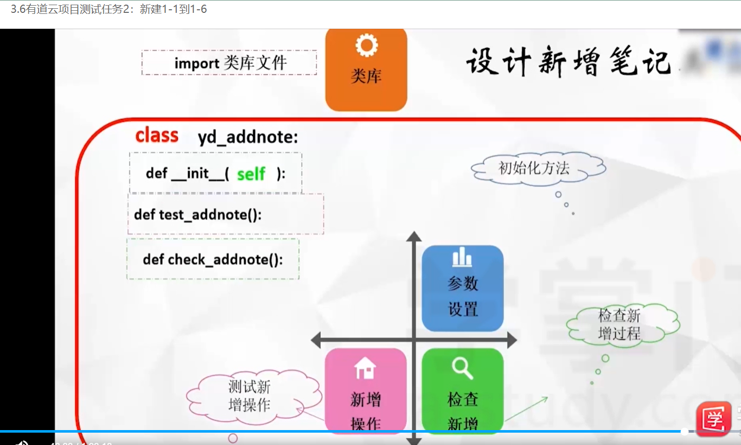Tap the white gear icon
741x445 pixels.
366,45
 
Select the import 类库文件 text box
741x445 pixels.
229,63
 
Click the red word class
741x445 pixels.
157,135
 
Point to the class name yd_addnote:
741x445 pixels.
248,137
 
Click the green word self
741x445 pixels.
251,174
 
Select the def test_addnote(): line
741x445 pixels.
198,215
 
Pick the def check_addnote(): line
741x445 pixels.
213,259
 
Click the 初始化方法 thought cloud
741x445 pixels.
538,168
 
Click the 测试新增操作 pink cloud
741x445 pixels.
250,396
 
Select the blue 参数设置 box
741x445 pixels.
462,289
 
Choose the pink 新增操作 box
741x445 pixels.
366,391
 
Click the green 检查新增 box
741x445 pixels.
462,391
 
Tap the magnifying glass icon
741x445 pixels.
462,368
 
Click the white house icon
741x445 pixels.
365,368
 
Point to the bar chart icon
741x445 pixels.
462,257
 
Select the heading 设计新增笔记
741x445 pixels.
568,62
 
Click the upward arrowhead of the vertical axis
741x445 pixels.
414,237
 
